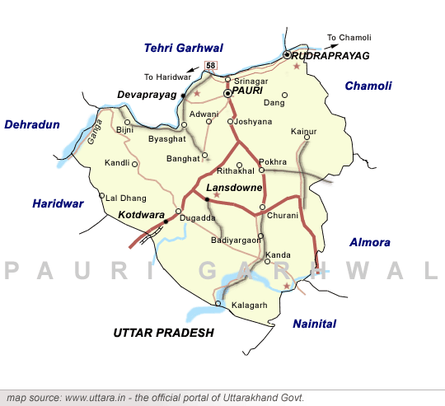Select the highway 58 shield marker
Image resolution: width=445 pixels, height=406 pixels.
[x=210, y=66]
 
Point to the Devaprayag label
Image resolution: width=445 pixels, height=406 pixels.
[x=147, y=96]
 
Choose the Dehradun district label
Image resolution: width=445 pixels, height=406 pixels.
[x=33, y=124]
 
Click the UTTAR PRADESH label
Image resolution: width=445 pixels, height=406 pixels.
[x=163, y=333]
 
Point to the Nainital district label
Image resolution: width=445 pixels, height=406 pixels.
[x=315, y=324]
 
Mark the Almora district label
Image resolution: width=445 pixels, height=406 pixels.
[x=370, y=242]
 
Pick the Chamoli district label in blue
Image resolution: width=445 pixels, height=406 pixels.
[x=368, y=86]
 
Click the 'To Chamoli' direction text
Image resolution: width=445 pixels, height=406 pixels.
[x=349, y=37]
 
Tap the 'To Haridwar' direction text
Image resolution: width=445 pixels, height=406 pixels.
[x=167, y=77]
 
